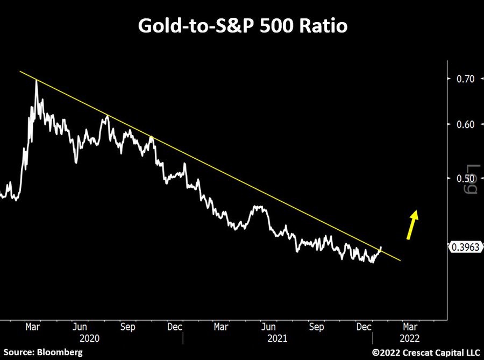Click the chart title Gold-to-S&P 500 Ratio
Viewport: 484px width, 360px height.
242,26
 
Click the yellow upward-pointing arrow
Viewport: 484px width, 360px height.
412,223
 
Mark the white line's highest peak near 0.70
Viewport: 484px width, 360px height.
37,81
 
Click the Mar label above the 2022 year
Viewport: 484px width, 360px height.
409,326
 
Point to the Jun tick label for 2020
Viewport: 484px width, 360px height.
79,326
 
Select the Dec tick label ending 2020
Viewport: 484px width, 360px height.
174,326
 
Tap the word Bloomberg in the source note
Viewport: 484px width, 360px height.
60,352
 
